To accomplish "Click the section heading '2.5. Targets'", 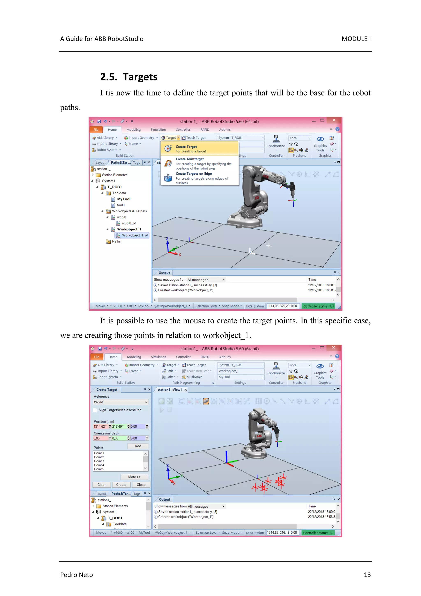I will (x=129, y=77).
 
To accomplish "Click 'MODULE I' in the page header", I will (x=356, y=39).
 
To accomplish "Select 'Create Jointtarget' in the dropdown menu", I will (x=190, y=159).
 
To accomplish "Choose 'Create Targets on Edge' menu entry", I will (x=193, y=174).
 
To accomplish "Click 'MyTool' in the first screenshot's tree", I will (x=124, y=199).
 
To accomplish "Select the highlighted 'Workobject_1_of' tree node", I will (x=135, y=235).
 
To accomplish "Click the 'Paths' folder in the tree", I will (x=116, y=241).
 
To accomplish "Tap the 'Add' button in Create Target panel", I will (x=138, y=446).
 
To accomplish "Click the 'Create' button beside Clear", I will (x=121, y=485).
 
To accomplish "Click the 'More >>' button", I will (x=134, y=477).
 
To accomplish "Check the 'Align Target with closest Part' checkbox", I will (x=95, y=410).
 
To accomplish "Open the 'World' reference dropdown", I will (x=121, y=402).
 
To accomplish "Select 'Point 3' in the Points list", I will (x=99, y=461).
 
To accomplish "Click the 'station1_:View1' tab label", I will (x=170, y=390).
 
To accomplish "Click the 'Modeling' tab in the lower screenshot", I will (x=134, y=357).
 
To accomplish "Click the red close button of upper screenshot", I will (x=334, y=120).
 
